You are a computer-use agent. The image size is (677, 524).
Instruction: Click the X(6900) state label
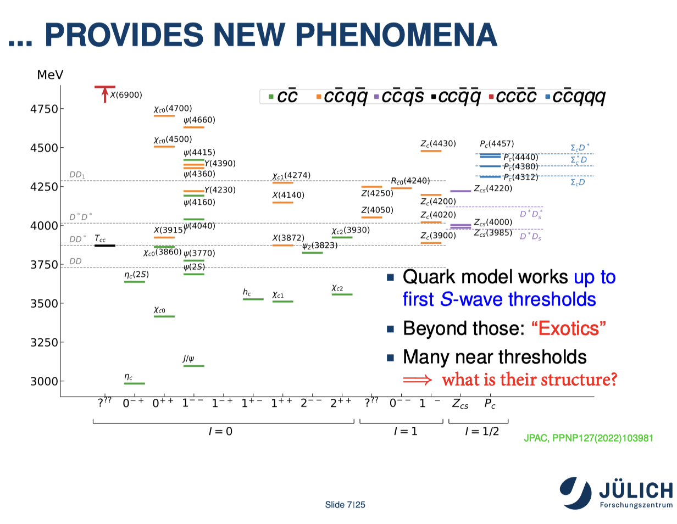pos(126,94)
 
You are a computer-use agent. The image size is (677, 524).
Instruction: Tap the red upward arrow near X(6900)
pos(104,94)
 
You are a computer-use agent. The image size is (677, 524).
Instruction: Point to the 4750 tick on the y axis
pos(62,109)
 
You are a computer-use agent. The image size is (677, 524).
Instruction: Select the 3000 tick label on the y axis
pos(44,381)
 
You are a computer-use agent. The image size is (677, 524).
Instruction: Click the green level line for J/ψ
pos(194,366)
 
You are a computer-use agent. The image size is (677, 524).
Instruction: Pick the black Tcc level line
pos(104,246)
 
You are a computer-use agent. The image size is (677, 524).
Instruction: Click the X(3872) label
pos(288,238)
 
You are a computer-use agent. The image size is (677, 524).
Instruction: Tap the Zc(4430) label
pos(438,143)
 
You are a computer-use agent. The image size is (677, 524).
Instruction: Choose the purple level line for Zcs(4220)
pos(460,191)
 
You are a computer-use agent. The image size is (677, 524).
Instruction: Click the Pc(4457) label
pos(497,143)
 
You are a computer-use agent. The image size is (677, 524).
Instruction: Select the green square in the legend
pos(271,97)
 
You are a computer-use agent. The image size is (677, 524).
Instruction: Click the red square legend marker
pos(491,97)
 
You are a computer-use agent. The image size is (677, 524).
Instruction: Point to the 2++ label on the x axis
pos(341,403)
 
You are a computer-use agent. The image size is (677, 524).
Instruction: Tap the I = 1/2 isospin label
pos(482,431)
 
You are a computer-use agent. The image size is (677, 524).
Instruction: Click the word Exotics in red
pos(569,328)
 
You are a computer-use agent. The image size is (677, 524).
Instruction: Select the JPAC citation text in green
pos(588,438)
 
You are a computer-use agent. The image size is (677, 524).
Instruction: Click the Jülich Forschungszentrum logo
pos(615,493)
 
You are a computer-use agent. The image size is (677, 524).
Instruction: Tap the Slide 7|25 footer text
pos(345,504)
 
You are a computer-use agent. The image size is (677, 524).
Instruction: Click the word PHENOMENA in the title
pos(396,35)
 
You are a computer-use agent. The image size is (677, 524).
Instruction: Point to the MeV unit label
pos(50,75)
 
